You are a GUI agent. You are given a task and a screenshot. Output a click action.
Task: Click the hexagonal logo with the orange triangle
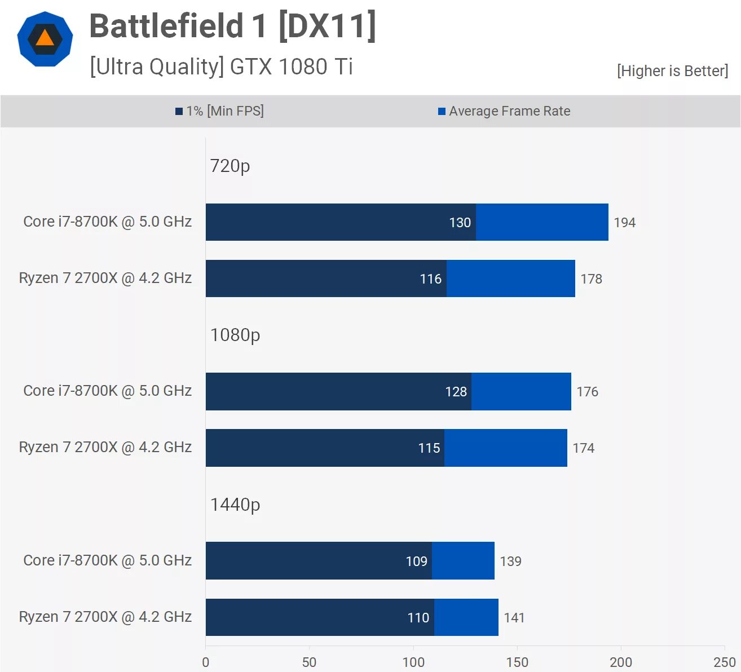[45, 39]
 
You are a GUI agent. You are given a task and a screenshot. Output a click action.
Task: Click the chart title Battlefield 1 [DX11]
[232, 26]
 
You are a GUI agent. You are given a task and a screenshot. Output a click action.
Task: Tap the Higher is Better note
[672, 71]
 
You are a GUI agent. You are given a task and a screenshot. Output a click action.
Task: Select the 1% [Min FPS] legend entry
[219, 111]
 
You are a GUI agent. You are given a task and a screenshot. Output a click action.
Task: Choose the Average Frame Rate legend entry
[504, 111]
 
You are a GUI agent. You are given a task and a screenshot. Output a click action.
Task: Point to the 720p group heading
[230, 166]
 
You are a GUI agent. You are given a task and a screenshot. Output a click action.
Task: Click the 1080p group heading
[235, 335]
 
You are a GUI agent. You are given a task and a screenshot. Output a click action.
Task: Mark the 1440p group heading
[235, 505]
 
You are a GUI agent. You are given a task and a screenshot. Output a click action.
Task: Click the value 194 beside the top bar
[624, 223]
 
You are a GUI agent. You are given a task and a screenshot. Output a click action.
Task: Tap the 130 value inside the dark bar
[460, 223]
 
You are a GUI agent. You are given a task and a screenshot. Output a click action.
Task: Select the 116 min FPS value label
[430, 279]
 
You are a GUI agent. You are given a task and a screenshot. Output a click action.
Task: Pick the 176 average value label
[587, 392]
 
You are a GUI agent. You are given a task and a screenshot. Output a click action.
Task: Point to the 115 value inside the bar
[429, 448]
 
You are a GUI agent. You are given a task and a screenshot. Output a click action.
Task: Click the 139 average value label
[510, 562]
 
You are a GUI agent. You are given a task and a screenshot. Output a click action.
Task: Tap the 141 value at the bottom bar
[514, 618]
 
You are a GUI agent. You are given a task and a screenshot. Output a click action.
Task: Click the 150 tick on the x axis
[517, 662]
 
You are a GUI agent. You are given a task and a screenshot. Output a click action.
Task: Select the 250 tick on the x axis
[724, 662]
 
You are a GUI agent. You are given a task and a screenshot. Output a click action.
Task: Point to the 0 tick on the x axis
[206, 662]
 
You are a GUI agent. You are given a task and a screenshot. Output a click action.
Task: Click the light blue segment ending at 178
[510, 278]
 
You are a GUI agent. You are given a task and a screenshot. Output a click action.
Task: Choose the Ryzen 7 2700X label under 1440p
[105, 617]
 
